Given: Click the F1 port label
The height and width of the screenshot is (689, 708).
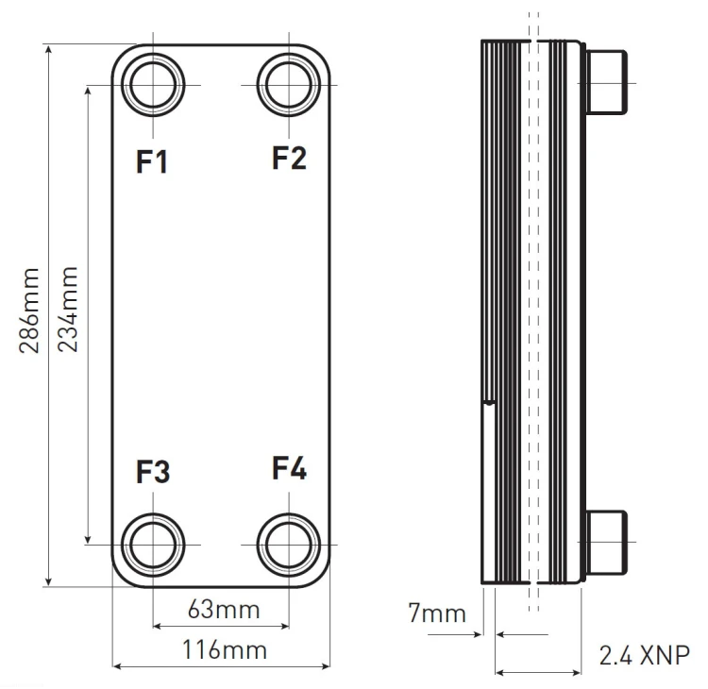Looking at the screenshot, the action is pos(152,161).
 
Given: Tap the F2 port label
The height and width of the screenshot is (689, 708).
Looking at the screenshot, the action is pos(289,158).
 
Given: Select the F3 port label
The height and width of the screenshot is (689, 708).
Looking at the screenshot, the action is pos(153,472).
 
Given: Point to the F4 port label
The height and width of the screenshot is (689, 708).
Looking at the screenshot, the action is pos(290,468).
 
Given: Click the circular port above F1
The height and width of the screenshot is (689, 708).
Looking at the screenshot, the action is pos(153,53).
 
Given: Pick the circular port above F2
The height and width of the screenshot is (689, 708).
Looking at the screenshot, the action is pos(289,53).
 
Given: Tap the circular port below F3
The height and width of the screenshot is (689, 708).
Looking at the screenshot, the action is pos(153,513).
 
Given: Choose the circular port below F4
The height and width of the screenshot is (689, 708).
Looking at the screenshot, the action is pos(289,513).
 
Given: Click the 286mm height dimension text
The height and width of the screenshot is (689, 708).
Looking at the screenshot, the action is pos(29,311).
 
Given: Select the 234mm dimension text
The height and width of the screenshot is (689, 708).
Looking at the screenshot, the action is pos(68,310).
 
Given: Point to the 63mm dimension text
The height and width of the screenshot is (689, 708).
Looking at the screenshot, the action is pos(224,610).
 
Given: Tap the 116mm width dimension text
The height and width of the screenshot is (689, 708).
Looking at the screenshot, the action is pos(225,650).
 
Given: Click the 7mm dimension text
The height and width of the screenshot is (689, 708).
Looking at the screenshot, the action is pos(437,613).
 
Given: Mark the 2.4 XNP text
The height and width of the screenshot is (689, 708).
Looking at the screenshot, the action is pos(645,655).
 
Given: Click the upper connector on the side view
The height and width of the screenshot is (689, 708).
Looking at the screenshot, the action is pos(606,82).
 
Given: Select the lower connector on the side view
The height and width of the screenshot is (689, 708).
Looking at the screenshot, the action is pos(606,543).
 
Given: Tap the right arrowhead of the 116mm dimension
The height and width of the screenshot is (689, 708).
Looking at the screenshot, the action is pos(326,666).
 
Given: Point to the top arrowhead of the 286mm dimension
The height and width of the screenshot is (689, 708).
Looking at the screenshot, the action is pos(49,49).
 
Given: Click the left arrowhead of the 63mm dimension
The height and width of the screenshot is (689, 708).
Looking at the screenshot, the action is pos(157,626).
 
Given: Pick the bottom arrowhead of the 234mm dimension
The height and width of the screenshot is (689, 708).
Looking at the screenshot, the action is pos(88,539).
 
